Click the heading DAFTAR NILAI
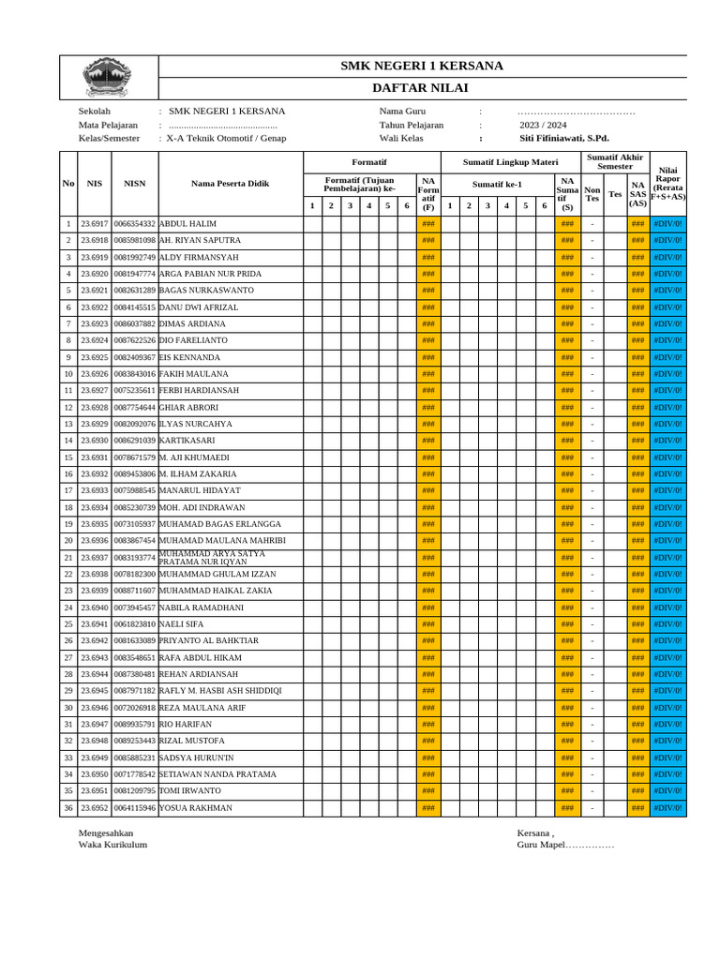[x=421, y=88]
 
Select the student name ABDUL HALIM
[x=188, y=224]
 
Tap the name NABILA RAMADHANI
[x=202, y=607]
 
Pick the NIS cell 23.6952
[x=95, y=808]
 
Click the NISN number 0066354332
[x=135, y=224]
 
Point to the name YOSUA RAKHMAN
[x=196, y=808]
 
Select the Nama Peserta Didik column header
[x=230, y=184]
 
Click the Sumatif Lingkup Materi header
[x=497, y=162]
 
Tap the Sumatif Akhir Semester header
[x=615, y=161]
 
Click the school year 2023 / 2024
[x=543, y=125]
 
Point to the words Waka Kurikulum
[x=112, y=845]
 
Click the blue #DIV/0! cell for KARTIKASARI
[x=668, y=441]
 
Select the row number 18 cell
[x=68, y=507]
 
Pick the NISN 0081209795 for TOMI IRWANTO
[x=135, y=791]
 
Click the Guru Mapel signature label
[x=565, y=845]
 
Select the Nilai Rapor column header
[x=668, y=183]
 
